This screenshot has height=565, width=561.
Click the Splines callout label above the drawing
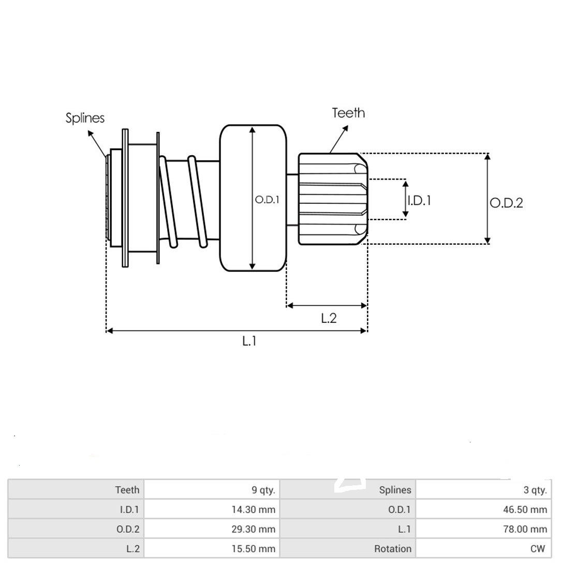[85, 118]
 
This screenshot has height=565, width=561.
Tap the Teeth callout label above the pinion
[348, 113]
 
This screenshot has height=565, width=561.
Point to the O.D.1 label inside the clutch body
[267, 200]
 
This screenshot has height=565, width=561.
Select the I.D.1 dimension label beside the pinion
[419, 200]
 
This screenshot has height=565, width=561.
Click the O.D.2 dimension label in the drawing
[506, 203]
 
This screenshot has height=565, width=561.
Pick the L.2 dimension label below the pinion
[329, 318]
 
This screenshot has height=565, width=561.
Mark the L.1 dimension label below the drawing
[249, 341]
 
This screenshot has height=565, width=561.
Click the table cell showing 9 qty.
[263, 490]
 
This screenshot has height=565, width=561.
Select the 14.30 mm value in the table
[253, 510]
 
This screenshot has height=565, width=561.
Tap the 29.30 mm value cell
[253, 529]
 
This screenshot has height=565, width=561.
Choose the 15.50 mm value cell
[253, 549]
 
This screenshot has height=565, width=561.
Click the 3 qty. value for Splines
[535, 490]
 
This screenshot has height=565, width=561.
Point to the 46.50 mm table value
[525, 510]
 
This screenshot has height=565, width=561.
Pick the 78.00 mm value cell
[525, 529]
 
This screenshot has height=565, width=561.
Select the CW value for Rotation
[538, 549]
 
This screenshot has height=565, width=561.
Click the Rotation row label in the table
[393, 549]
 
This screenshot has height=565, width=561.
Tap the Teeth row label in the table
[127, 490]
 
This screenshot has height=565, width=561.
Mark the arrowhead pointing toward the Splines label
[91, 133]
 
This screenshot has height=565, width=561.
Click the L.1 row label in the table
[404, 529]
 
